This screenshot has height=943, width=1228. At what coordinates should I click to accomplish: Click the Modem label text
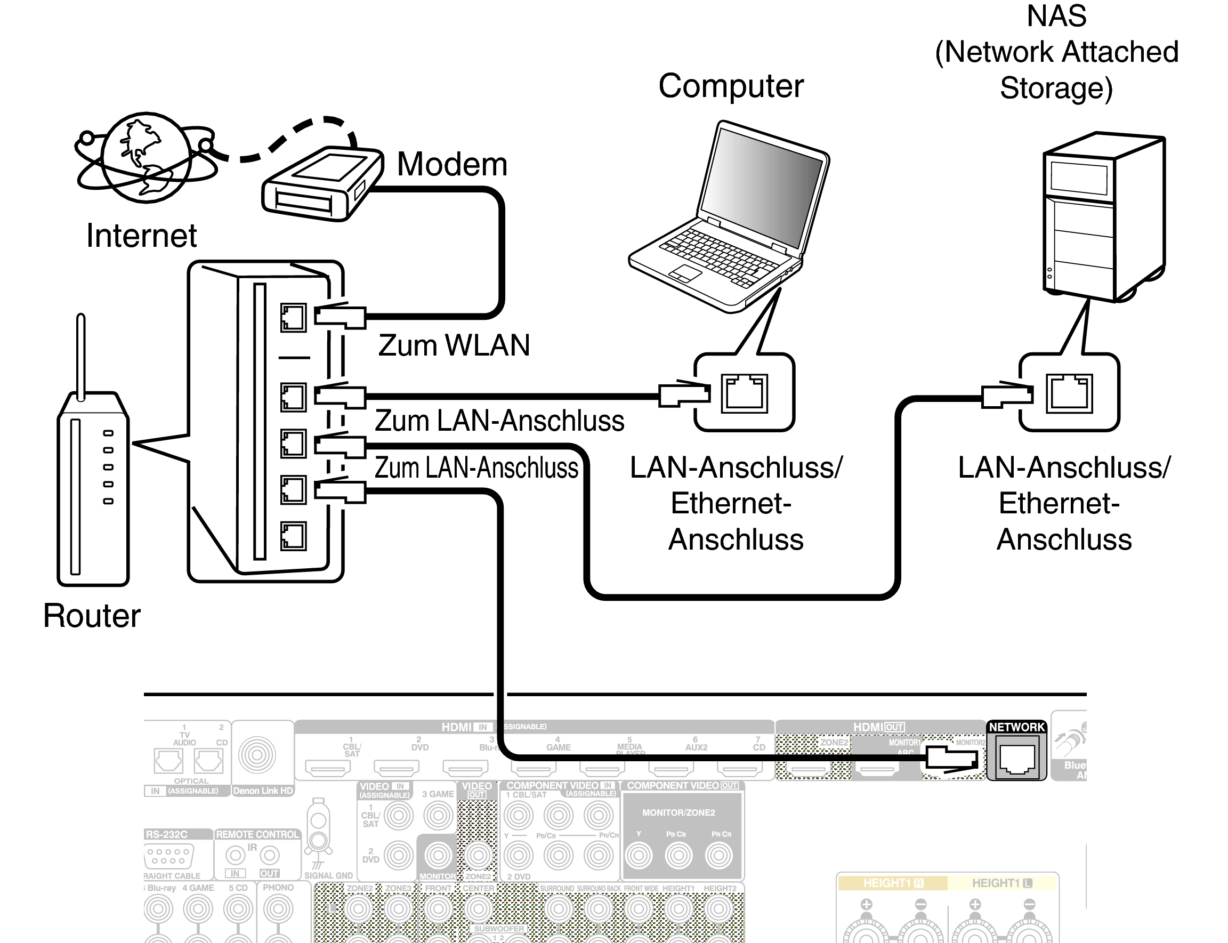pyautogui.click(x=452, y=165)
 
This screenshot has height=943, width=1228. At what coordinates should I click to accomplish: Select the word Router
pyautogui.click(x=92, y=616)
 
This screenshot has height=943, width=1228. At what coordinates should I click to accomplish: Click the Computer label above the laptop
pyautogui.click(x=731, y=86)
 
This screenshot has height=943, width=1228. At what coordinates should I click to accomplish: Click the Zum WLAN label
pyautogui.click(x=454, y=345)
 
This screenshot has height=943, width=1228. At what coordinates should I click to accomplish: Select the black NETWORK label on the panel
pyautogui.click(x=1016, y=728)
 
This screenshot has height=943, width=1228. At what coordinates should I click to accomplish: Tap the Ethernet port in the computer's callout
pyautogui.click(x=744, y=393)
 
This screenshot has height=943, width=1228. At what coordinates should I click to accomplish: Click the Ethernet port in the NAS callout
pyautogui.click(x=1069, y=393)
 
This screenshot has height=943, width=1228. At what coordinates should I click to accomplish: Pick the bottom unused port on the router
pyautogui.click(x=294, y=536)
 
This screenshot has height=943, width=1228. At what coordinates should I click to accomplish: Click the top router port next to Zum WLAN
pyautogui.click(x=294, y=318)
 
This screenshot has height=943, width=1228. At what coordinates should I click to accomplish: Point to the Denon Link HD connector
pyautogui.click(x=257, y=755)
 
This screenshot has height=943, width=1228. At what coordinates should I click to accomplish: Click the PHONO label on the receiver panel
pyautogui.click(x=278, y=888)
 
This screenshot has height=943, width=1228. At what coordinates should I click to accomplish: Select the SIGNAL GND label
pyautogui.click(x=328, y=876)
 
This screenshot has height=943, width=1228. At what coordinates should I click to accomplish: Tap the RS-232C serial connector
pyautogui.click(x=169, y=857)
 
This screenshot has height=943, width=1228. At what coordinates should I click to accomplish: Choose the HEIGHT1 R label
pyautogui.click(x=893, y=883)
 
